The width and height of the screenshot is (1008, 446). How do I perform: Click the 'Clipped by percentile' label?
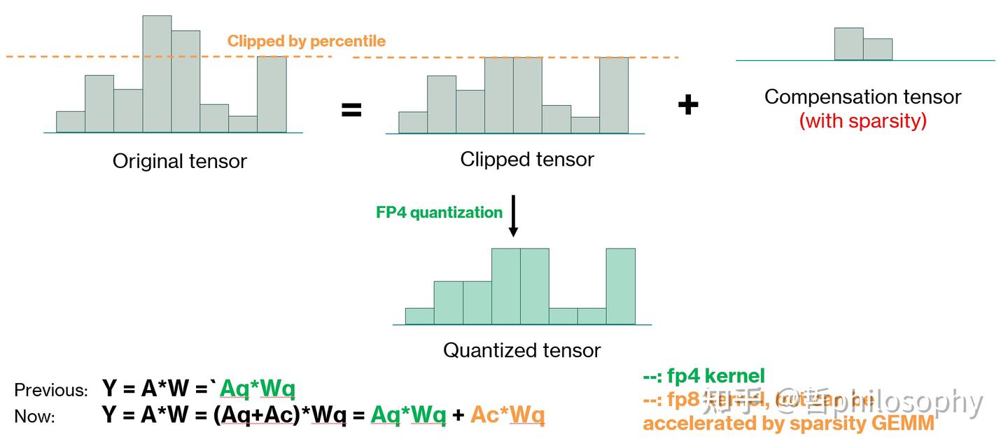tap(306, 41)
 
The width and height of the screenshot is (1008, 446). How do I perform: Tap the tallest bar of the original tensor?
tap(157, 74)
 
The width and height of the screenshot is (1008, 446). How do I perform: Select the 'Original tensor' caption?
tap(180, 162)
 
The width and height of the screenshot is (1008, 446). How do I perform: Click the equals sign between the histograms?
tap(351, 110)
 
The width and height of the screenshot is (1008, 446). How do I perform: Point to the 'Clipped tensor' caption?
tap(526, 160)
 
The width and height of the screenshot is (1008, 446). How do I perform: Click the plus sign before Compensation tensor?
tap(688, 105)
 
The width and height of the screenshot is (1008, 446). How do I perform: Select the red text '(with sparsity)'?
tap(862, 121)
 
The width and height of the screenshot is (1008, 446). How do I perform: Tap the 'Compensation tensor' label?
tap(862, 97)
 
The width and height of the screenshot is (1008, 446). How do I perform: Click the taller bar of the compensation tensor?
tap(848, 44)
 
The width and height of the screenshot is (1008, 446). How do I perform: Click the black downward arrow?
tap(513, 216)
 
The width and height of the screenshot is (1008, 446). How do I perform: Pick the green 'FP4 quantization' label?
tap(439, 212)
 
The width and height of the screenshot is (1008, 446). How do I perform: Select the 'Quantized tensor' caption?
tap(522, 350)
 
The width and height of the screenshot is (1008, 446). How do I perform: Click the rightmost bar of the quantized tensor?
tap(621, 286)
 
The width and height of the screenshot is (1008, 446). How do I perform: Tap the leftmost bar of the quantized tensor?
tap(419, 316)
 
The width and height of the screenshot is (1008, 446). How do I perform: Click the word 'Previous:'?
tap(51, 390)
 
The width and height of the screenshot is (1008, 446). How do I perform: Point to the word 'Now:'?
tap(34, 417)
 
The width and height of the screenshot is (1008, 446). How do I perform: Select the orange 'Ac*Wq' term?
tap(507, 415)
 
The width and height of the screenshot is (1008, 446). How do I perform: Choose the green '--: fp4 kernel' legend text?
tap(703, 376)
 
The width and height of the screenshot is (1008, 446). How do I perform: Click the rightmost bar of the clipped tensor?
tap(614, 95)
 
